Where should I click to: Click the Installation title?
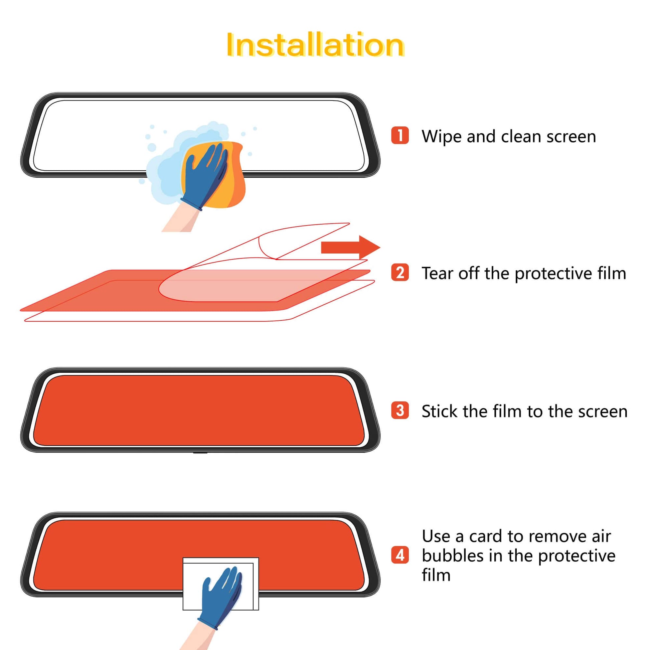click(315, 45)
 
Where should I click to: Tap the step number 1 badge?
click(400, 136)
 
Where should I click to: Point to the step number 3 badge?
click(400, 411)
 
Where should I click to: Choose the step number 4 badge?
click(400, 555)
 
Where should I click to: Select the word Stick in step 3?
click(440, 411)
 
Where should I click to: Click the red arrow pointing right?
click(350, 247)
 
